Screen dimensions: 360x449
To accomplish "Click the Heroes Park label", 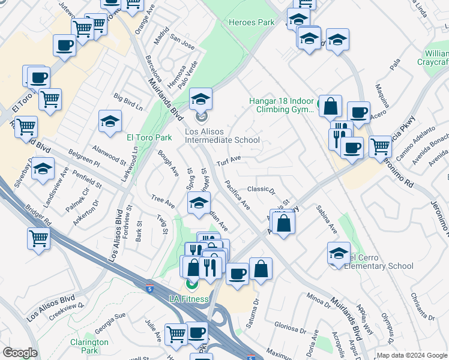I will pyautogui.click(x=252, y=23).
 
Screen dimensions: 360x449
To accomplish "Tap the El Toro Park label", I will pyautogui.click(x=149, y=137).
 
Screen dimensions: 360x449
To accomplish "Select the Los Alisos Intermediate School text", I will pyautogui.click(x=222, y=136).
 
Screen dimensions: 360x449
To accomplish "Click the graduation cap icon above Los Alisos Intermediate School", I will pyautogui.click(x=201, y=98).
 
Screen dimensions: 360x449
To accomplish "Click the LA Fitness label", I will pyautogui.click(x=188, y=299).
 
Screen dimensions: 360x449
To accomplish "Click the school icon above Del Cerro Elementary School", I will pyautogui.click(x=339, y=252).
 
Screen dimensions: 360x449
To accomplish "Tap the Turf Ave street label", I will pyautogui.click(x=228, y=160).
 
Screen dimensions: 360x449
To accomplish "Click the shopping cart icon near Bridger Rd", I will pyautogui.click(x=39, y=238).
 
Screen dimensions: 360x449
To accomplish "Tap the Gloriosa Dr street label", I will pyautogui.click(x=291, y=328).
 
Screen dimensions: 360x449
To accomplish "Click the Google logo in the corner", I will pyautogui.click(x=20, y=353).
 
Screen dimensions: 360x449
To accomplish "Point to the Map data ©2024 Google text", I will pyautogui.click(x=412, y=355).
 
